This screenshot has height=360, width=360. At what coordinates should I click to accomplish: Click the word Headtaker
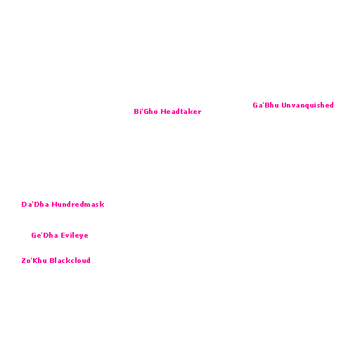(x=181, y=111)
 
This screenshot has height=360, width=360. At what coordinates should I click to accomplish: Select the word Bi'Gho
(x=146, y=111)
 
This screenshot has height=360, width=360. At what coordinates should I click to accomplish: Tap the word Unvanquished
(x=307, y=105)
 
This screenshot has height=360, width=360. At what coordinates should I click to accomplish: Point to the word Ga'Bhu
(x=266, y=105)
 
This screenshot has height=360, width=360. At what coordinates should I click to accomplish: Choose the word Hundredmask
(x=78, y=204)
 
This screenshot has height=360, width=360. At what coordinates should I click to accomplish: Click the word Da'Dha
(x=35, y=204)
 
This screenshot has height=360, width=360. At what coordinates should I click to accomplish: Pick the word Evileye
(x=75, y=236)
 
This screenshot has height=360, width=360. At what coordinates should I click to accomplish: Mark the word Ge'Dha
(x=44, y=235)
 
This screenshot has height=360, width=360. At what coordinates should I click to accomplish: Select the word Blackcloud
(x=70, y=260)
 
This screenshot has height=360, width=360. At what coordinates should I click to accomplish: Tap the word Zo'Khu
(x=34, y=260)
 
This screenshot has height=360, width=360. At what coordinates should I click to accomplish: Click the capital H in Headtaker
(x=163, y=111)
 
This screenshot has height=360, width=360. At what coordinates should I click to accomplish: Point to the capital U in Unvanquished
(x=284, y=105)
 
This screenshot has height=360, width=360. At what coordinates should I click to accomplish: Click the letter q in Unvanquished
(x=308, y=106)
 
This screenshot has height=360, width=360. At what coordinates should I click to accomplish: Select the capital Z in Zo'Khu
(x=24, y=261)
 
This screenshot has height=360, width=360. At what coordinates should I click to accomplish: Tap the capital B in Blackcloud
(x=52, y=261)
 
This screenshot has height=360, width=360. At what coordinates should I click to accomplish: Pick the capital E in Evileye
(x=63, y=236)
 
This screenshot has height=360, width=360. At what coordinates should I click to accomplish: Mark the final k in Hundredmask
(x=102, y=204)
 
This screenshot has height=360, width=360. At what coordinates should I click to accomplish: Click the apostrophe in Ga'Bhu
(x=264, y=103)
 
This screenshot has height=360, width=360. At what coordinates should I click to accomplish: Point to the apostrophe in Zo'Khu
(x=31, y=259)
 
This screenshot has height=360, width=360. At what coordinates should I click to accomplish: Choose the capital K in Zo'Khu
(x=35, y=261)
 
